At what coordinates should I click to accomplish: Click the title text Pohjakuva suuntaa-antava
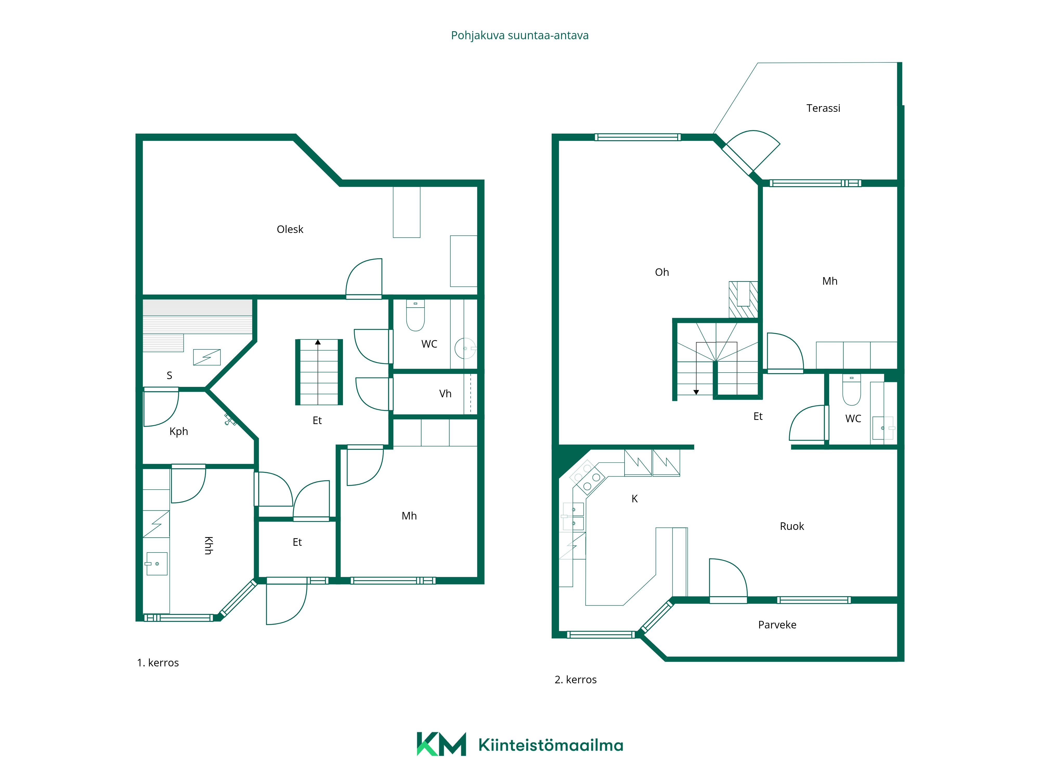click(519, 36)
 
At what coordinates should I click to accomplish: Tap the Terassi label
click(823, 108)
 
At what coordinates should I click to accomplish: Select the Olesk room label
click(290, 229)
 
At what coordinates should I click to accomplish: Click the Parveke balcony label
click(777, 625)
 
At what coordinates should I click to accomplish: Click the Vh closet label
click(445, 394)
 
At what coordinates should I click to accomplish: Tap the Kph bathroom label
click(179, 432)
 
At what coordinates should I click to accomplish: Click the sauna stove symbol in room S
click(207, 357)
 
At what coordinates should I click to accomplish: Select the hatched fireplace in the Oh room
click(743, 300)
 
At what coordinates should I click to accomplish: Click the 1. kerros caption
click(158, 663)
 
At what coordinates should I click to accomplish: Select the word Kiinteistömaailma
click(551, 745)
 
